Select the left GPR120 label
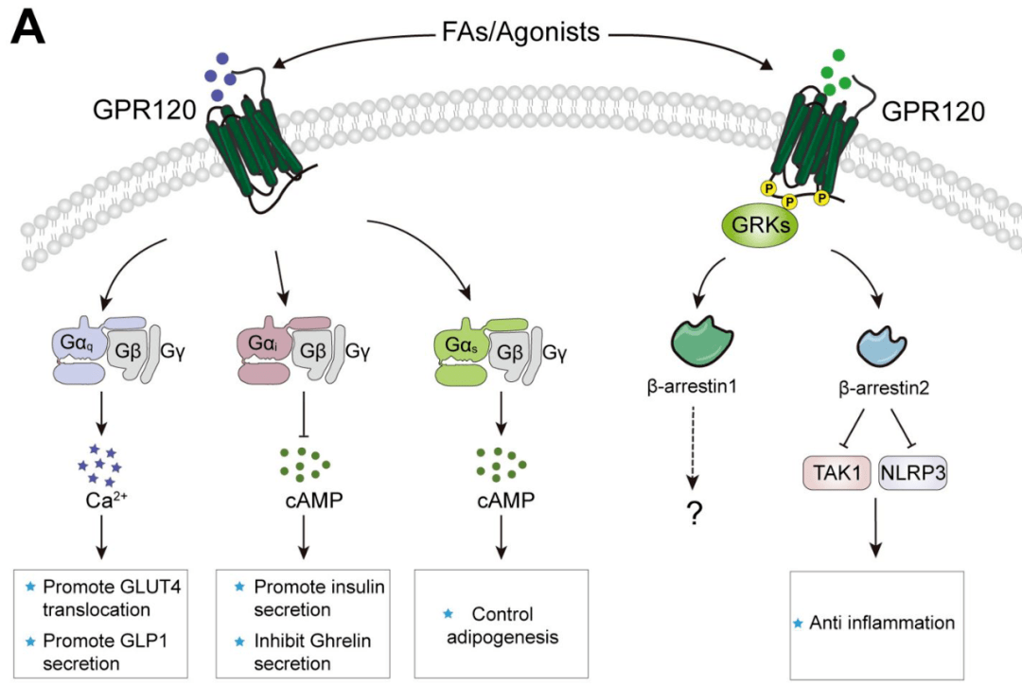pos(143,109)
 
